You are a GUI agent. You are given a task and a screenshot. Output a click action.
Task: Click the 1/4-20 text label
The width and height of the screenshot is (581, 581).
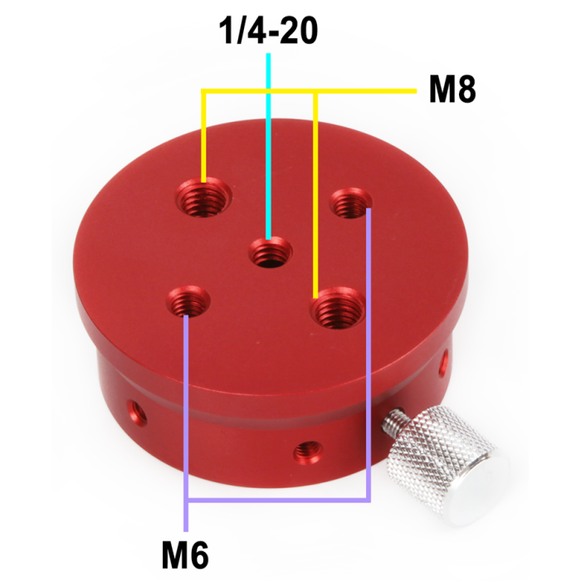(x=268, y=32)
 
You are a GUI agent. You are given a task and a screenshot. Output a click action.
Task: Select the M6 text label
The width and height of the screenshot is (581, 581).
(x=183, y=550)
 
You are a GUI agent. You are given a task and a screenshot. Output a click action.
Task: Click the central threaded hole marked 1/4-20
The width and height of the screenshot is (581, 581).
(x=270, y=250)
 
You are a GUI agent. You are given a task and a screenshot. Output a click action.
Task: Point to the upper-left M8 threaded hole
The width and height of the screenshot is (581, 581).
(x=204, y=198)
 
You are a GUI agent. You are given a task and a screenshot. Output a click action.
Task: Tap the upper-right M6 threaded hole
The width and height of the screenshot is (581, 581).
(x=349, y=204)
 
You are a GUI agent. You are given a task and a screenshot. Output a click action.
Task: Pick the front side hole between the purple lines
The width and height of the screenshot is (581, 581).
(x=308, y=451)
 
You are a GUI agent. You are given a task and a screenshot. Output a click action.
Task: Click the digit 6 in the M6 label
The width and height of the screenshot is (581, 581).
(x=198, y=550)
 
